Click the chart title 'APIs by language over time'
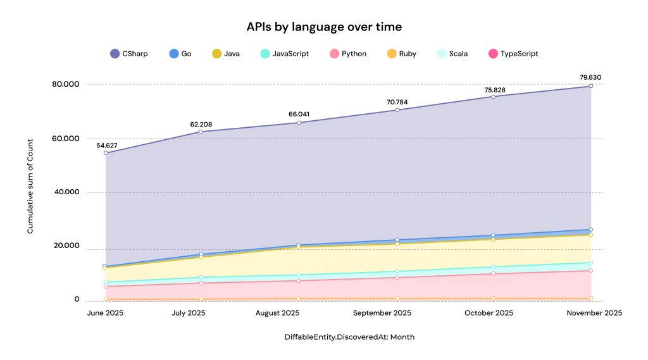(324, 27)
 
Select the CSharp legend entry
(129, 54)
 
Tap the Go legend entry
(180, 54)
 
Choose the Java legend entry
(226, 54)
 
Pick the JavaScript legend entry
(285, 54)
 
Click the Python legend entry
(348, 54)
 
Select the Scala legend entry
(452, 54)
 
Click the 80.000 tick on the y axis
(66, 84)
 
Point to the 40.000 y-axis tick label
(66, 192)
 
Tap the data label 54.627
(106, 145)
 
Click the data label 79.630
(590, 78)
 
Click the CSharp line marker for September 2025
(397, 110)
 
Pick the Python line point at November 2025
(590, 271)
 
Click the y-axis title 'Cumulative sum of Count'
(30, 192)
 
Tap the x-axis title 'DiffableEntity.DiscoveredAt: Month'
(349, 337)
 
